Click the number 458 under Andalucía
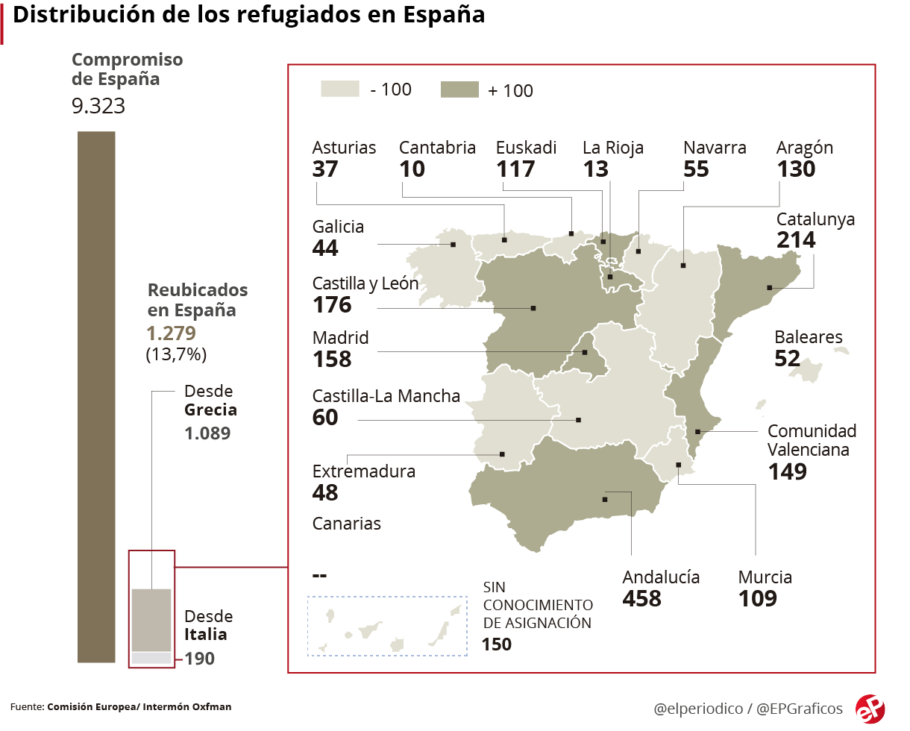(x=641, y=598)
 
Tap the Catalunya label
(x=815, y=219)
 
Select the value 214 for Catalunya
(x=796, y=240)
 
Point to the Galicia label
(x=338, y=227)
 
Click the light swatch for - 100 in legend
(x=340, y=89)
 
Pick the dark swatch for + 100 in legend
(x=459, y=90)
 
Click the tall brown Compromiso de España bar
(x=96, y=397)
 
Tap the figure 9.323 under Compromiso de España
(x=98, y=106)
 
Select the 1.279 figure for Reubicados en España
(x=172, y=333)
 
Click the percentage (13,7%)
(x=176, y=354)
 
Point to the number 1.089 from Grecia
(x=207, y=433)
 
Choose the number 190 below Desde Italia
(x=200, y=659)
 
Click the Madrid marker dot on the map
(x=585, y=352)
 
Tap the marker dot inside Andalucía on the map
(x=605, y=500)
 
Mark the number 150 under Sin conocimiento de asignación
(x=497, y=644)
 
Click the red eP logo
(x=870, y=709)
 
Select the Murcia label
(x=765, y=577)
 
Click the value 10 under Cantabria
(x=412, y=169)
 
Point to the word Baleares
(x=809, y=337)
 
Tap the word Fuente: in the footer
(x=27, y=707)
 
